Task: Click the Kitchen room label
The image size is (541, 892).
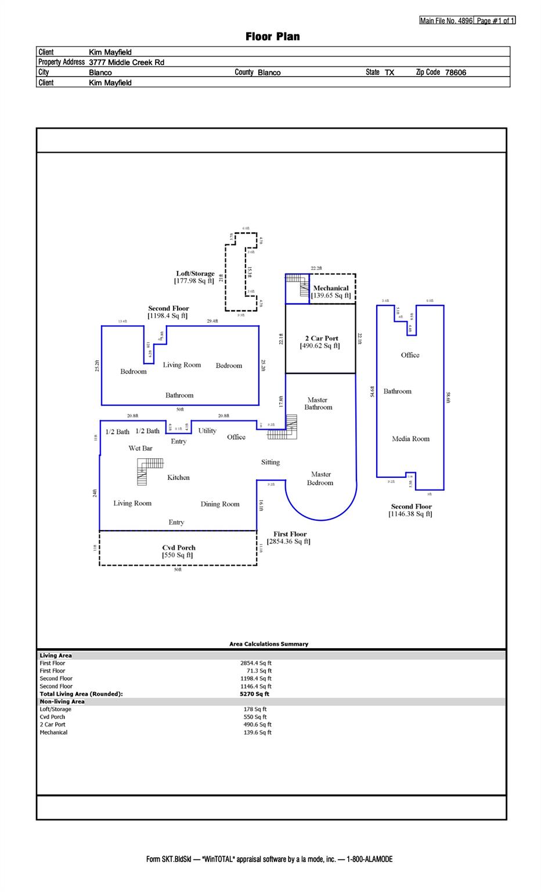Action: (x=178, y=477)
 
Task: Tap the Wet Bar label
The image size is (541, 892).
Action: (x=140, y=448)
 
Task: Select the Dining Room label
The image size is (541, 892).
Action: (x=220, y=504)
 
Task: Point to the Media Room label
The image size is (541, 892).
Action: (x=410, y=439)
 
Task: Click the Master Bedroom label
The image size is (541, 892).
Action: (x=320, y=479)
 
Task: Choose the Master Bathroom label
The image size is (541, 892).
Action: (x=318, y=404)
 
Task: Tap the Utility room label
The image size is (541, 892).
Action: (x=207, y=431)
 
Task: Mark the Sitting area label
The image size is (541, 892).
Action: (x=270, y=462)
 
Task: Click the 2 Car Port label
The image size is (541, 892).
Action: (x=321, y=339)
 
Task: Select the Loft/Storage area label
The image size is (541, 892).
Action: (x=195, y=274)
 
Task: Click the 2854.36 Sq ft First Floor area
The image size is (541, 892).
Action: (x=288, y=542)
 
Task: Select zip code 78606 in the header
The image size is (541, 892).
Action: (x=456, y=73)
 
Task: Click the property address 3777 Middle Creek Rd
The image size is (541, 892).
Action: (x=127, y=62)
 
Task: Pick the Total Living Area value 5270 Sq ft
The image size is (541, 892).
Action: (x=254, y=694)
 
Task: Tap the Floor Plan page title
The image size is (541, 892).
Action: (x=273, y=37)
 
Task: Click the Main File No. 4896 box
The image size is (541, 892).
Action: (x=446, y=21)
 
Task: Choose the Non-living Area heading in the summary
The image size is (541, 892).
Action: (x=62, y=702)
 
